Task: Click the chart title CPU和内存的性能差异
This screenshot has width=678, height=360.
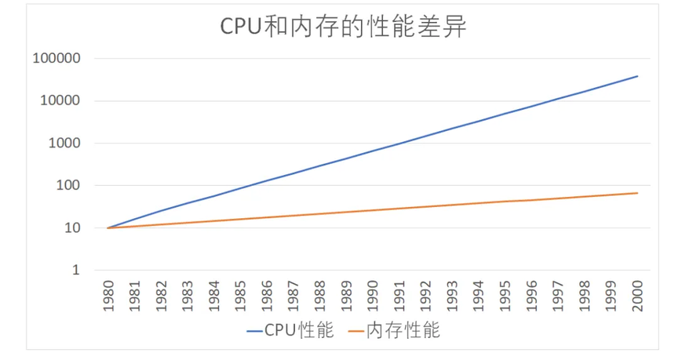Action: click(343, 27)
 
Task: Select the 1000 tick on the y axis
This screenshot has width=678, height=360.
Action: click(62, 144)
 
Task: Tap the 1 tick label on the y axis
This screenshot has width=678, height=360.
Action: click(75, 271)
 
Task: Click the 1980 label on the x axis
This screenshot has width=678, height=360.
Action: click(108, 296)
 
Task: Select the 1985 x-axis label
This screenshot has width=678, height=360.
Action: click(240, 296)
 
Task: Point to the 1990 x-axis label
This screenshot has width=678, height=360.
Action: click(373, 296)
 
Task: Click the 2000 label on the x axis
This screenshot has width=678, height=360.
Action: click(637, 296)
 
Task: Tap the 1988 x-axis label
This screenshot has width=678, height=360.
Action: click(319, 296)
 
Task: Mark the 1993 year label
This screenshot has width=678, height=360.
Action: click(452, 296)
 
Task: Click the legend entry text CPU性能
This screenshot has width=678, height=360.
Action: click(299, 331)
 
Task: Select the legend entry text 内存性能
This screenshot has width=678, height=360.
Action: click(403, 331)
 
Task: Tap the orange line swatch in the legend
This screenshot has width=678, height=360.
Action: click(356, 332)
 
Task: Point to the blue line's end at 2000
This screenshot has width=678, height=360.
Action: click(637, 76)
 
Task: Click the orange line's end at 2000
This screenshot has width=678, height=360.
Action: click(637, 193)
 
